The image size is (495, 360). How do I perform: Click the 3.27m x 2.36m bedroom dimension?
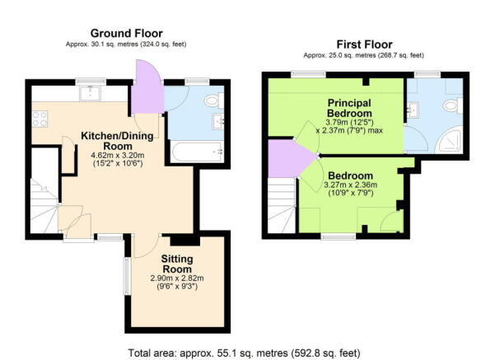coord(352,185)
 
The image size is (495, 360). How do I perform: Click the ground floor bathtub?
coord(196,151)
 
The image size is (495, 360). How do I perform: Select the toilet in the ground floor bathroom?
coord(212,101)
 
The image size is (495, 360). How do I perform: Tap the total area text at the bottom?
coord(245,352)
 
